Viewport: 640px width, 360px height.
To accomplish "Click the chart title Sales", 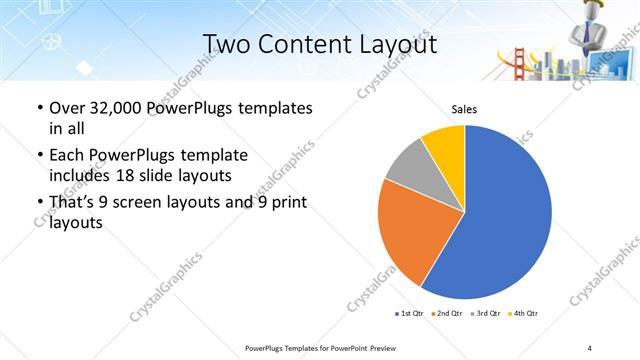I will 464,110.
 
